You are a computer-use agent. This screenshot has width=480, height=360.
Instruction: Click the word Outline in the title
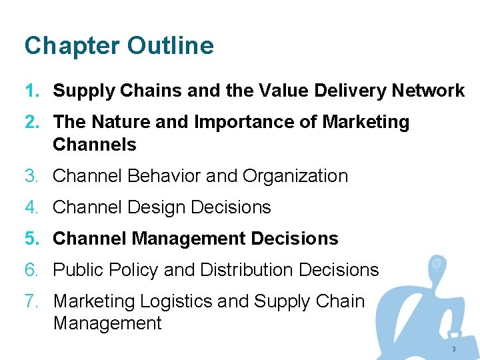click(x=171, y=46)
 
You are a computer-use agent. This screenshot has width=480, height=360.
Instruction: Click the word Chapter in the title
click(x=71, y=46)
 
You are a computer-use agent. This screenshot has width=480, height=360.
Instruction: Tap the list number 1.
click(x=31, y=91)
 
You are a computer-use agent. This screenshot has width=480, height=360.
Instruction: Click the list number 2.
click(x=31, y=122)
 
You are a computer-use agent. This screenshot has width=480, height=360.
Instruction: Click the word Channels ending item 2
click(x=94, y=144)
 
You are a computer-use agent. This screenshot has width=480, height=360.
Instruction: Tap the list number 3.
click(x=31, y=176)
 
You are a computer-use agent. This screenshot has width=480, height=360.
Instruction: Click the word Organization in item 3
click(x=295, y=176)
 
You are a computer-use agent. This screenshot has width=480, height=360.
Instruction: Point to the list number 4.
click(x=31, y=207)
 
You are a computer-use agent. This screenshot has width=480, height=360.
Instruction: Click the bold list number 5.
click(x=31, y=239)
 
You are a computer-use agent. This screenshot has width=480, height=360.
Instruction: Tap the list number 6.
click(x=31, y=270)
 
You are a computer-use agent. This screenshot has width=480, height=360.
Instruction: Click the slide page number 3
click(x=453, y=349)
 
